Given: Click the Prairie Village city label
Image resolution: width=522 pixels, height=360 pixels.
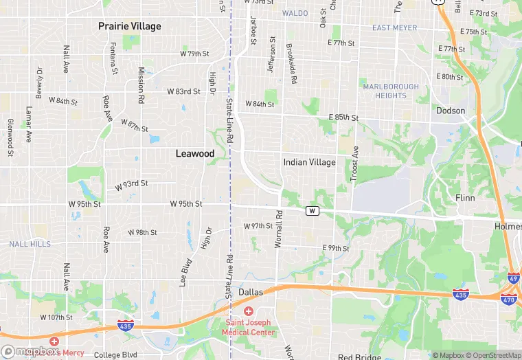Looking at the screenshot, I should click(129, 26).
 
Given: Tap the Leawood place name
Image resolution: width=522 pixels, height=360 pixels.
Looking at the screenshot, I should click(195, 154).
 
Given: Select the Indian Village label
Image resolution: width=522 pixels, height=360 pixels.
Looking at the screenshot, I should click(309, 162).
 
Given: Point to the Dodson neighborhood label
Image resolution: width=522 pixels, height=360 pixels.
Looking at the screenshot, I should click(451, 111).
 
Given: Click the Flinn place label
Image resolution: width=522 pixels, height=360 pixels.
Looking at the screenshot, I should click(465, 197).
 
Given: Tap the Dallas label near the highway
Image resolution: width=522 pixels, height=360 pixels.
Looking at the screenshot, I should click(251, 292).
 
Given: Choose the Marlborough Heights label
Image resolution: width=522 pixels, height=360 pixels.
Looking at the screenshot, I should click(391, 91).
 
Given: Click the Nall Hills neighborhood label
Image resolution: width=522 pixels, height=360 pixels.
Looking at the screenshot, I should click(30, 244).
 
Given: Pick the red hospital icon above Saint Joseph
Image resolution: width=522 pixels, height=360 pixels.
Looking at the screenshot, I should click(249, 311).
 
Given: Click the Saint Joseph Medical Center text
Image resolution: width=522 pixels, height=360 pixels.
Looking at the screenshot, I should click(248, 328).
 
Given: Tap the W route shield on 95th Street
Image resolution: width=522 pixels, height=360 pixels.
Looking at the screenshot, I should click(313, 210).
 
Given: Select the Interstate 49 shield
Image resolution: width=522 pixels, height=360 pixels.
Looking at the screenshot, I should click(514, 278).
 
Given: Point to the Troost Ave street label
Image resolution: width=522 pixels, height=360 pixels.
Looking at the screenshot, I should click(355, 164).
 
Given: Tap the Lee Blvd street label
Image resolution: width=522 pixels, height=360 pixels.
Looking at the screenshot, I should click(183, 271).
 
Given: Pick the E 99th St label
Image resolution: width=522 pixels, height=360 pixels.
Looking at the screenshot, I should click(336, 248).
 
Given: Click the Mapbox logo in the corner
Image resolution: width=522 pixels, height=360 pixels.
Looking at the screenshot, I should click(31, 351).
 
